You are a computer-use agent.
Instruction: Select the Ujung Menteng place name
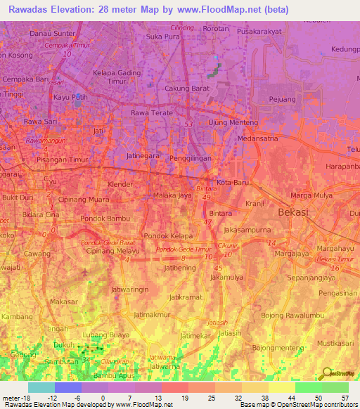click(x=230, y=123)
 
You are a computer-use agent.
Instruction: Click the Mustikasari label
click(x=335, y=342)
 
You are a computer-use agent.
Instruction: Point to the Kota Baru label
click(x=233, y=183)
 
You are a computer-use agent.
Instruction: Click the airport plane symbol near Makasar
click(x=85, y=271)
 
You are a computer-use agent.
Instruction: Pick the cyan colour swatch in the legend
click(x=41, y=387)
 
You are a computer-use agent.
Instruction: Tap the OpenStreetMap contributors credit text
click(x=309, y=405)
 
